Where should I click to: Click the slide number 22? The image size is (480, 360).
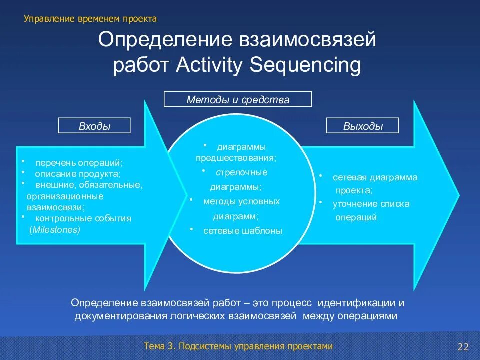point(463,347)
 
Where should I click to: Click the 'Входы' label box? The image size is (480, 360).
point(94,126)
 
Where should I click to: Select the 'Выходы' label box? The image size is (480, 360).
point(363,126)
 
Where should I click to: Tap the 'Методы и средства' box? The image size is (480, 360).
point(238,99)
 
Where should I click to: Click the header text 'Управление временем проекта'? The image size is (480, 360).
point(90,19)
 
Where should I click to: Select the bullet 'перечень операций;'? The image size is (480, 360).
point(78,163)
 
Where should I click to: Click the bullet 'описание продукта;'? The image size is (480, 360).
point(77,174)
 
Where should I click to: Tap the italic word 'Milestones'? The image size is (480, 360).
point(55,229)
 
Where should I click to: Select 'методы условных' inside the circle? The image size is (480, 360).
point(241,201)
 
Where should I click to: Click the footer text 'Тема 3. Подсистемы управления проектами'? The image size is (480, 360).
point(238,346)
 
